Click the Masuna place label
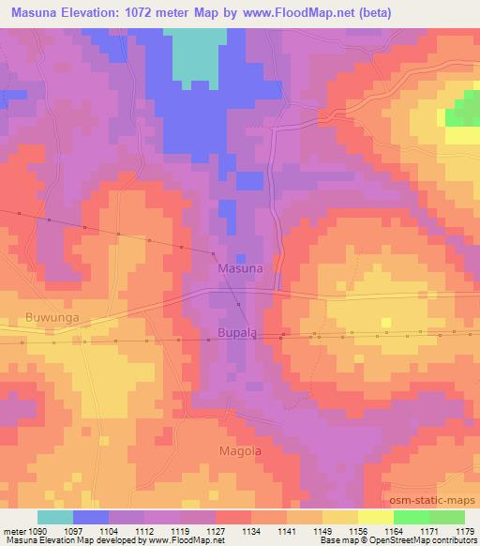pyautogui.click(x=240, y=268)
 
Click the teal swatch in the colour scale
pyautogui.click(x=55, y=517)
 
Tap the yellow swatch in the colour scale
pyautogui.click(x=376, y=517)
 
